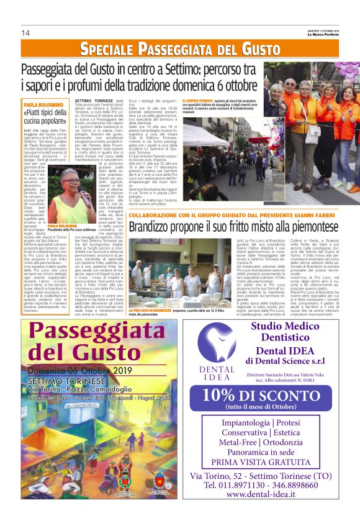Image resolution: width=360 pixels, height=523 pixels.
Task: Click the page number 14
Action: [25, 32]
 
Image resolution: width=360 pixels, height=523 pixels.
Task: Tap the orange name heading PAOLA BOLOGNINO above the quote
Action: [43, 105]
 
